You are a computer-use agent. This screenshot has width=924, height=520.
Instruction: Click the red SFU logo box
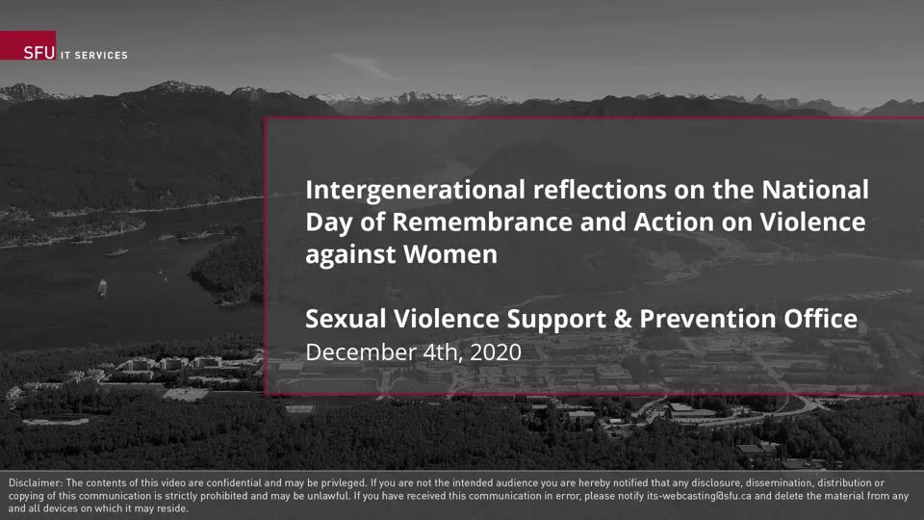pyautogui.click(x=28, y=46)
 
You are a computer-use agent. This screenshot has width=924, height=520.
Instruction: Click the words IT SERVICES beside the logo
pyautogui.click(x=93, y=55)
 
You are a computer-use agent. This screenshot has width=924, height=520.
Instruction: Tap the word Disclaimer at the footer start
pyautogui.click(x=35, y=482)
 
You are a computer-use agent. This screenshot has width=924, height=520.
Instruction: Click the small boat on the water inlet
pyautogui.click(x=101, y=286)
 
